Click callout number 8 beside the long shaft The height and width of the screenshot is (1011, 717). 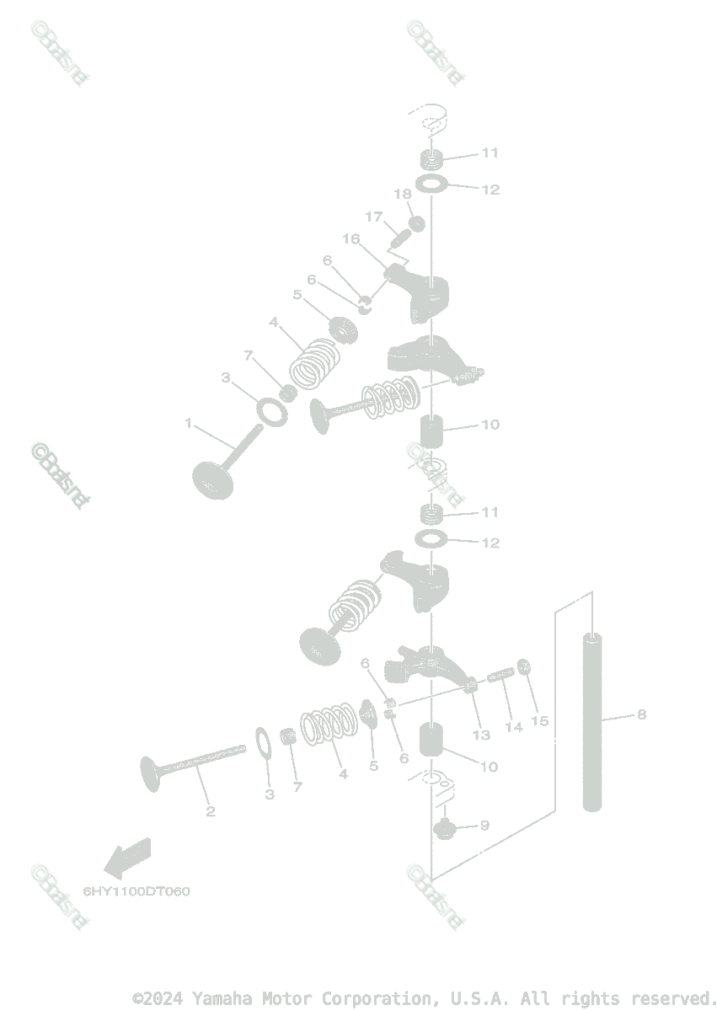[642, 714]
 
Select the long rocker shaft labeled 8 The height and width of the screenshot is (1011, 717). [592, 721]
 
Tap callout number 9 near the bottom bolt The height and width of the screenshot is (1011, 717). [484, 826]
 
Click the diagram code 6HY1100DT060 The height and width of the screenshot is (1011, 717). [136, 891]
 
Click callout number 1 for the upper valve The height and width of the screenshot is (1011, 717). [189, 423]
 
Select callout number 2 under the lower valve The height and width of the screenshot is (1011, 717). [211, 811]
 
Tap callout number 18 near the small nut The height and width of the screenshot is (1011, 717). [403, 195]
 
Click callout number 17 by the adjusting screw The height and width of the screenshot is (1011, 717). [373, 217]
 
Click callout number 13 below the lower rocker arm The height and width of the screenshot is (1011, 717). [480, 735]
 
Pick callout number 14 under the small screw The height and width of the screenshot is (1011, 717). [513, 726]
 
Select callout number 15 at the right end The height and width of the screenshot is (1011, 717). [539, 721]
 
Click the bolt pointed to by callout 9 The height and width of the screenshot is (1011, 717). [444, 829]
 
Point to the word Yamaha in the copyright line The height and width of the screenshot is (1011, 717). [221, 998]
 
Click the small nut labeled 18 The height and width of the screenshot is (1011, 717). [415, 223]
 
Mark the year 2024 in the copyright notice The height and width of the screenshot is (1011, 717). [165, 998]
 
